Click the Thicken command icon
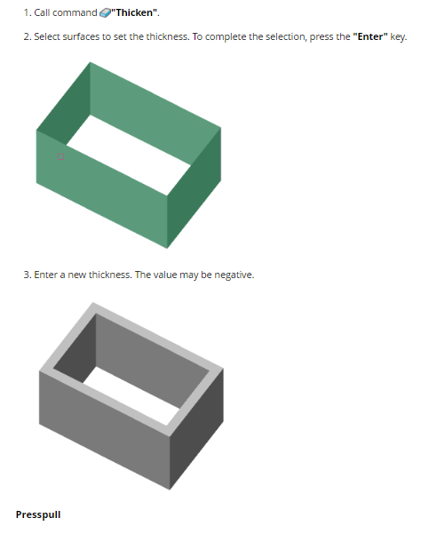105,13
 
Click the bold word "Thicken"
134,12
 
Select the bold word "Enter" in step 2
370,36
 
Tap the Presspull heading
38,514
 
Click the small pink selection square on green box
60,156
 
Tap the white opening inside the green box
129,155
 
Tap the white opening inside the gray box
131,395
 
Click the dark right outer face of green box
194,188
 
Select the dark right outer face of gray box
197,429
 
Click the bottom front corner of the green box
167,248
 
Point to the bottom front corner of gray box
170,490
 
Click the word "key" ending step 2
397,36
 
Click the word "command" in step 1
75,13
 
